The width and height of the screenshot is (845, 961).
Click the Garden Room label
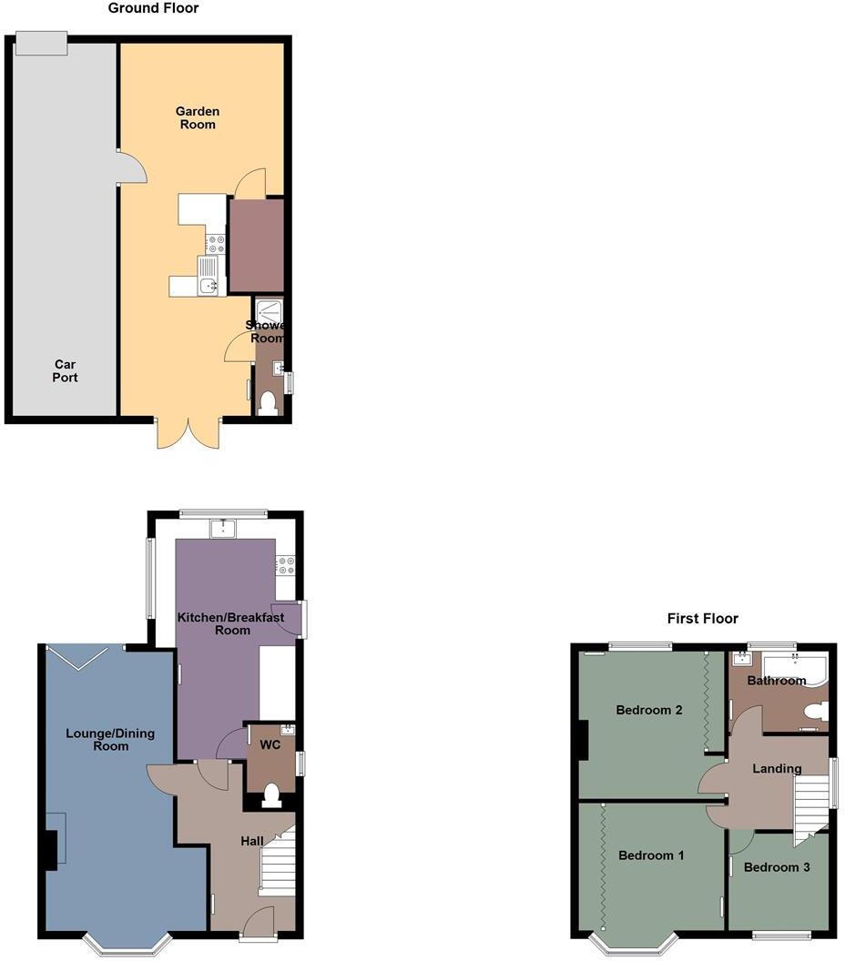pyautogui.click(x=198, y=117)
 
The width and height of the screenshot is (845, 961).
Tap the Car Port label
pyautogui.click(x=65, y=370)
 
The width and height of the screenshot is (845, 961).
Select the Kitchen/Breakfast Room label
pyautogui.click(x=230, y=623)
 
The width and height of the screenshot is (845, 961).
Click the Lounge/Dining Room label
pyautogui.click(x=110, y=739)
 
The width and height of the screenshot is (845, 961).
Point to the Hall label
pyautogui.click(x=252, y=842)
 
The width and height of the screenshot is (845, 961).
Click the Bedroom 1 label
pyautogui.click(x=650, y=855)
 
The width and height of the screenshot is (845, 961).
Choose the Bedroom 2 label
pyautogui.click(x=649, y=710)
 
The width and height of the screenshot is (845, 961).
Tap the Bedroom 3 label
pyautogui.click(x=777, y=867)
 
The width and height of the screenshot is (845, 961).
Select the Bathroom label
pyautogui.click(x=777, y=681)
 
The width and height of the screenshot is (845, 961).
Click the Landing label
pyautogui.click(x=777, y=768)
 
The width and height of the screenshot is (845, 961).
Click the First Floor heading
pyautogui.click(x=702, y=619)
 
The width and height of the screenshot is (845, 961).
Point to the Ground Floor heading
pyautogui.click(x=153, y=8)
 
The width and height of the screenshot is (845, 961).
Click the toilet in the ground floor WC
pyautogui.click(x=270, y=797)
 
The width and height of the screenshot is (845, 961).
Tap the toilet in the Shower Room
pyautogui.click(x=268, y=403)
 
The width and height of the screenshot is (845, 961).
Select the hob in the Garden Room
pyautogui.click(x=216, y=244)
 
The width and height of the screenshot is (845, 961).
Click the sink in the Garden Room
pyautogui.click(x=210, y=285)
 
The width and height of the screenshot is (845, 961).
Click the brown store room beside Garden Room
pyautogui.click(x=255, y=246)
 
